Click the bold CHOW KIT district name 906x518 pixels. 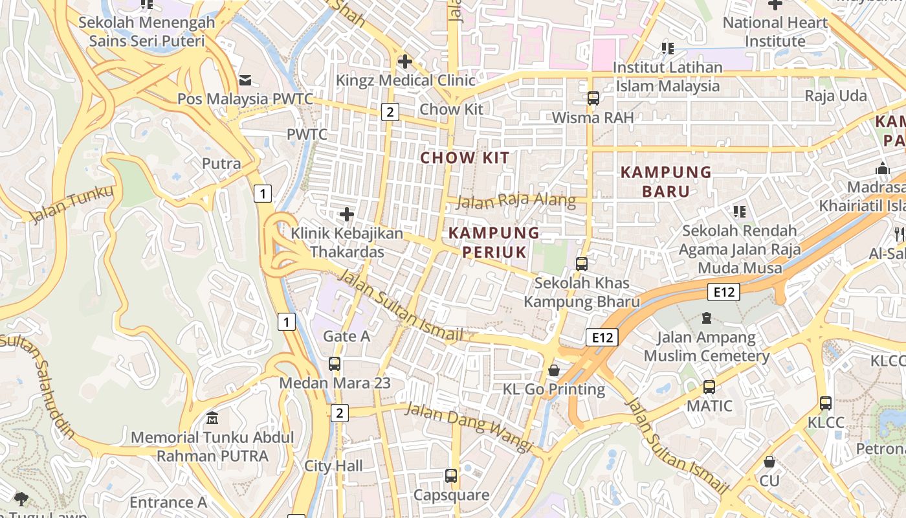(465, 157)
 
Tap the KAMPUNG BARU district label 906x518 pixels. (666, 181)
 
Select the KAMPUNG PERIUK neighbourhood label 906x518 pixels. (494, 242)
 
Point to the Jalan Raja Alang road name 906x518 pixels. (516, 200)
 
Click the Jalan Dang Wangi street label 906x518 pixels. (469, 427)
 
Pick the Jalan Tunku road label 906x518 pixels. (71, 203)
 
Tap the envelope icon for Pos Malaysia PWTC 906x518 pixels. (245, 80)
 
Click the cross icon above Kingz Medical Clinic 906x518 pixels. (405, 62)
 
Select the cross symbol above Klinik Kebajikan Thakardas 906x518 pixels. (347, 214)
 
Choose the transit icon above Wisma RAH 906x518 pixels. (593, 98)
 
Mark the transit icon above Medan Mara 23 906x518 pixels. (335, 363)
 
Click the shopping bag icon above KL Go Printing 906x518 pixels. (554, 370)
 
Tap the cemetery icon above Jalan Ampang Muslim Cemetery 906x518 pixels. (706, 319)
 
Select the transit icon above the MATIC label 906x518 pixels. (709, 387)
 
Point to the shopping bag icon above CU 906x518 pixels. (769, 462)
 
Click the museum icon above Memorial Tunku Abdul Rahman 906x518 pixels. (212, 418)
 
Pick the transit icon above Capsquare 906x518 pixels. (451, 476)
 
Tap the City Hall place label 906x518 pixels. (333, 466)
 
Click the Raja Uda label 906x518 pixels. (835, 96)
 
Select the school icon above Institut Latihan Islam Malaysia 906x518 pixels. (667, 48)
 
